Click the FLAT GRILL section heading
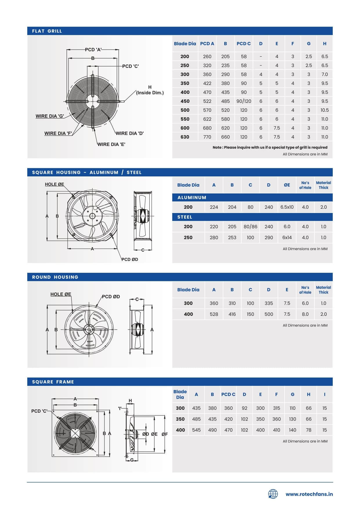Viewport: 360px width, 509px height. (47, 31)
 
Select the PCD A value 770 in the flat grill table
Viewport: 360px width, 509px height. (207, 137)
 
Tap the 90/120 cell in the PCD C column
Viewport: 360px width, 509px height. (244, 101)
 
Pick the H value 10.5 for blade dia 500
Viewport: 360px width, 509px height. (325, 110)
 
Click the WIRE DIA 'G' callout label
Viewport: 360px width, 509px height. (50, 116)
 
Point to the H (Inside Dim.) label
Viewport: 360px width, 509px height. (150, 90)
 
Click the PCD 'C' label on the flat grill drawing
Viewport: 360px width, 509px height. (130, 66)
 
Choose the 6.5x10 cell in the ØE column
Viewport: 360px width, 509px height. (287, 207)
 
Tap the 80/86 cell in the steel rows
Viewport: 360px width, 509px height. (250, 227)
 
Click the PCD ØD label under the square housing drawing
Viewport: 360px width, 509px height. (130, 259)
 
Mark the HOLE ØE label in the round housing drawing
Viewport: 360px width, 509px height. (61, 294)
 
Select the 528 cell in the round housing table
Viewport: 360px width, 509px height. (214, 314)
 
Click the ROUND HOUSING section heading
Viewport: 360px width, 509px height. (55, 277)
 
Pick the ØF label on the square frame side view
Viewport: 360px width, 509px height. (164, 434)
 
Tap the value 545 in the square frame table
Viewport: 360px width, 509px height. (196, 430)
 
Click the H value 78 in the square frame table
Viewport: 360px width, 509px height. (309, 430)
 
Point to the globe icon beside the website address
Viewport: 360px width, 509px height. (273, 494)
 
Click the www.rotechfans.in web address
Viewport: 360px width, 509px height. (309, 494)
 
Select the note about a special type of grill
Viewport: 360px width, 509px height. (270, 147)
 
